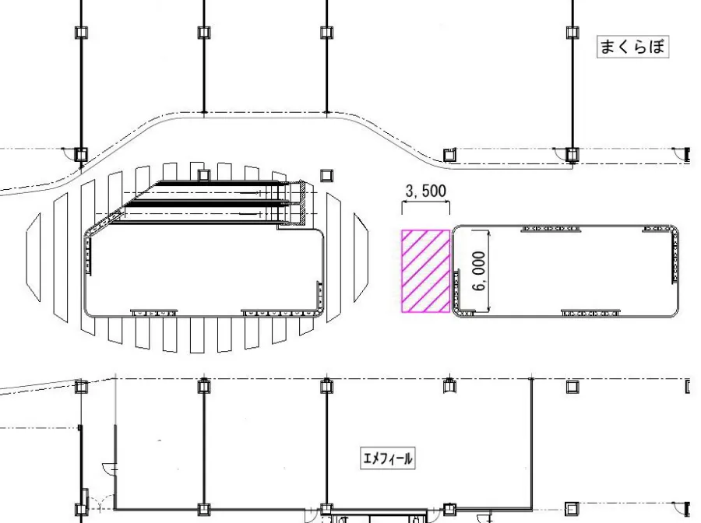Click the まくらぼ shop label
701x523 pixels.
click(x=632, y=47)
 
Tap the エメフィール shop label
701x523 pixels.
click(x=388, y=458)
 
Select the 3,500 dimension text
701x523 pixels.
click(x=425, y=191)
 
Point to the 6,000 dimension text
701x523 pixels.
click(x=479, y=271)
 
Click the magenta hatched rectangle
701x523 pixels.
click(x=425, y=271)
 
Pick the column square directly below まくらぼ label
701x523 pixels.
click(x=572, y=155)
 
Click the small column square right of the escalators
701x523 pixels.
click(x=327, y=175)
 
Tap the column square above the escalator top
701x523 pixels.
click(x=204, y=175)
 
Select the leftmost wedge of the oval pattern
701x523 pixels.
click(x=33, y=258)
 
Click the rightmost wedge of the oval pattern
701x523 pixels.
click(x=361, y=258)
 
